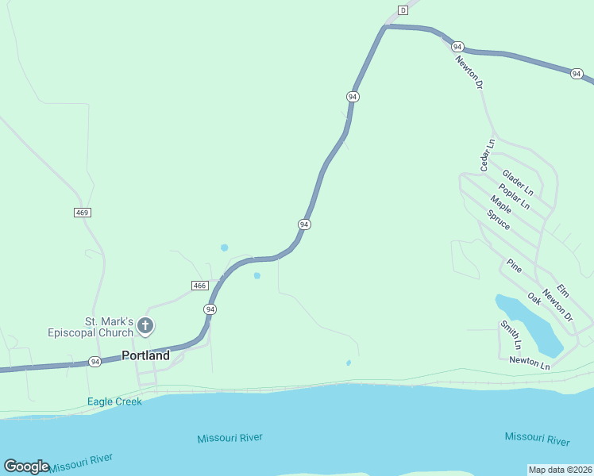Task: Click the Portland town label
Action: coord(145,355)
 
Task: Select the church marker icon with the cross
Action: coord(145,325)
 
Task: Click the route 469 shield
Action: coord(82,213)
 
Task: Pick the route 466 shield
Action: coord(199,286)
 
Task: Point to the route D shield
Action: coord(403,10)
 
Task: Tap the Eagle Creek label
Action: coord(115,401)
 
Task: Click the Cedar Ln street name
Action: coord(487,155)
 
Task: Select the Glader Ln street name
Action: coord(517,183)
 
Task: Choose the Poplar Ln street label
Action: coord(514,196)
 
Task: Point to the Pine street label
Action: coord(515,266)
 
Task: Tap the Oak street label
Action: coord(534,298)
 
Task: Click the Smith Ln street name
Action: coord(511,335)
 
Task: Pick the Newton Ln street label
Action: coord(530,363)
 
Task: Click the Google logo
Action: coord(26,466)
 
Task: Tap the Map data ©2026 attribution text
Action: coord(560,470)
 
